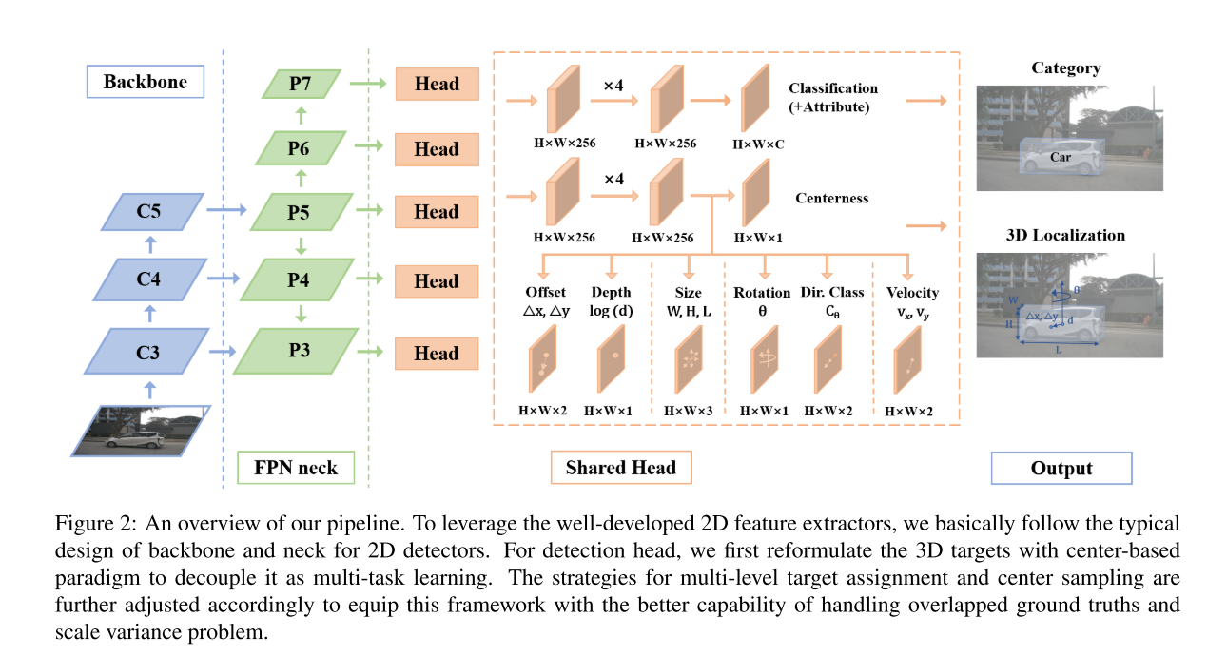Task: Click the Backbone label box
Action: (x=146, y=82)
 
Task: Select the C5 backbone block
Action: (x=153, y=212)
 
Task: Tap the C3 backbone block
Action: (x=147, y=353)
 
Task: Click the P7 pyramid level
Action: (x=302, y=84)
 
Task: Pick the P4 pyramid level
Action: (x=299, y=281)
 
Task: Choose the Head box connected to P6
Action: (x=437, y=149)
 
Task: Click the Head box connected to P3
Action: (x=437, y=353)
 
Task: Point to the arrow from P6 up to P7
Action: (x=302, y=115)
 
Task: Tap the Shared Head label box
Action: (x=620, y=468)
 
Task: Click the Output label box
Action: (x=1061, y=469)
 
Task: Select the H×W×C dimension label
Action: (x=758, y=144)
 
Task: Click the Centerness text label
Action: (x=831, y=199)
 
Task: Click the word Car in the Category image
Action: (x=1061, y=156)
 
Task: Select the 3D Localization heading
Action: (x=1065, y=235)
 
